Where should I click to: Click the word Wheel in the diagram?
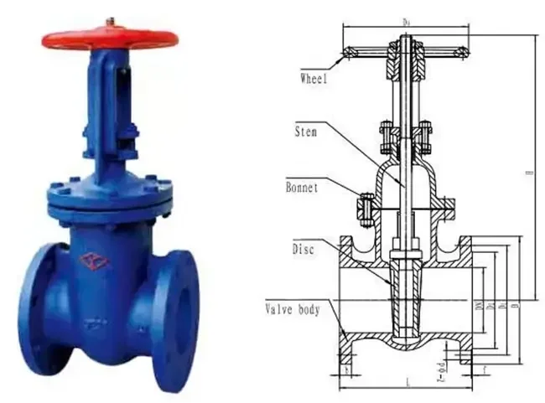click(313, 80)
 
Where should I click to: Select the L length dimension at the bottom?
click(406, 384)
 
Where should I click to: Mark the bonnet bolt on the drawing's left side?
click(366, 208)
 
